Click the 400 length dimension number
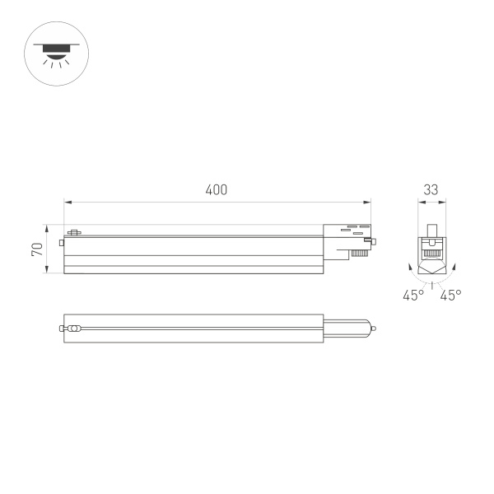(217, 189)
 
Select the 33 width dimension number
(431, 189)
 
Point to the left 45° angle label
(413, 295)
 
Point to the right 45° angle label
(450, 295)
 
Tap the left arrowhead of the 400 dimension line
(68, 200)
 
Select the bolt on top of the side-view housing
(73, 232)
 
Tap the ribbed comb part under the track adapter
(357, 254)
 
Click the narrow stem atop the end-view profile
(431, 228)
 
